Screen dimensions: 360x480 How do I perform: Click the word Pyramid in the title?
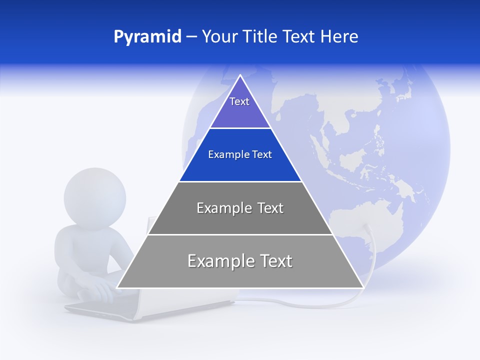click(x=147, y=37)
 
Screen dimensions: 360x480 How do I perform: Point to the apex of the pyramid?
click(x=240, y=75)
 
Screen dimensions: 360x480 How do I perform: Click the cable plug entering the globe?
click(x=367, y=227)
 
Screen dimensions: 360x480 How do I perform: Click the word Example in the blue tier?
click(x=225, y=154)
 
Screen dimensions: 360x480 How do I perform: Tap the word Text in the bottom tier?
click(x=274, y=261)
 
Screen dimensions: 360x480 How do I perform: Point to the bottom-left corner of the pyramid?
click(x=117, y=287)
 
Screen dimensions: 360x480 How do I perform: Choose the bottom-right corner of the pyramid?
click(x=363, y=287)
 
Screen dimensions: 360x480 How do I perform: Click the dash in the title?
click(x=191, y=37)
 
